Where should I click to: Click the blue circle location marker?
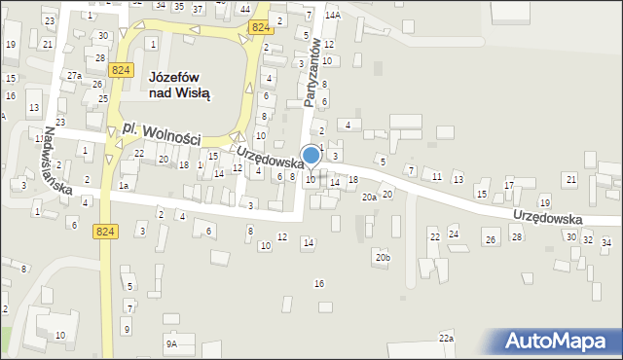(x=311, y=155)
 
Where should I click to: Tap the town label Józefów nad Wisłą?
(x=180, y=85)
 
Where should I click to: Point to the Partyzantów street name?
(x=311, y=73)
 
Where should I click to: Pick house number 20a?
(x=369, y=197)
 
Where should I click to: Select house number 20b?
(x=383, y=257)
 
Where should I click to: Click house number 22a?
(x=446, y=338)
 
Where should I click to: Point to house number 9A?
(x=171, y=343)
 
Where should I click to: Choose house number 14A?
(x=333, y=16)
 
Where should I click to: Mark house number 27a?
(x=74, y=75)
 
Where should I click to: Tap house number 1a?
(x=124, y=185)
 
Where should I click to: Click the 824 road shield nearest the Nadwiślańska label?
(x=106, y=231)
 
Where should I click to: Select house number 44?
(x=243, y=8)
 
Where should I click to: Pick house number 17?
(x=508, y=185)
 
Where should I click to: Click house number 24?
(x=453, y=234)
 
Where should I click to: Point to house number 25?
(x=102, y=99)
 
